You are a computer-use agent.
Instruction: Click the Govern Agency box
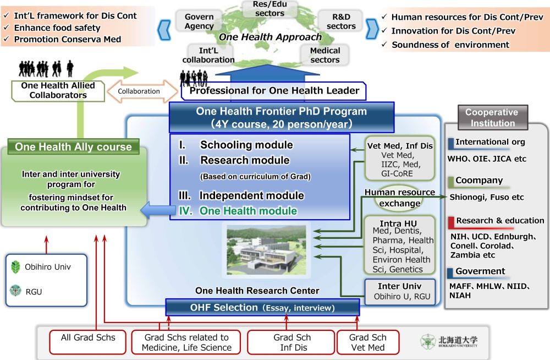(x=199, y=21)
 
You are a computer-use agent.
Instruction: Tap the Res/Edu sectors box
(x=271, y=8)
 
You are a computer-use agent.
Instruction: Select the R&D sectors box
(x=341, y=21)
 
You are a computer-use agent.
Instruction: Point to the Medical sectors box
(x=325, y=54)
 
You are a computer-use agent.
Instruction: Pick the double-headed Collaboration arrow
(x=139, y=91)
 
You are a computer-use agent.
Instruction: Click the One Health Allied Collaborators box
(x=58, y=90)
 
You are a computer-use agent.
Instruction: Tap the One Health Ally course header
(x=73, y=147)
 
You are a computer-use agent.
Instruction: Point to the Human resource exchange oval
(x=400, y=198)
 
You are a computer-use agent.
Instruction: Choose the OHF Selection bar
(x=262, y=308)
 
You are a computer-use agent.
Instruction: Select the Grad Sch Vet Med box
(x=367, y=342)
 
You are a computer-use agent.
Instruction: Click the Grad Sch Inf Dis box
(x=291, y=342)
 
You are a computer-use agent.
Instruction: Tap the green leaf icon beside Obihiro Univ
(x=16, y=268)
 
